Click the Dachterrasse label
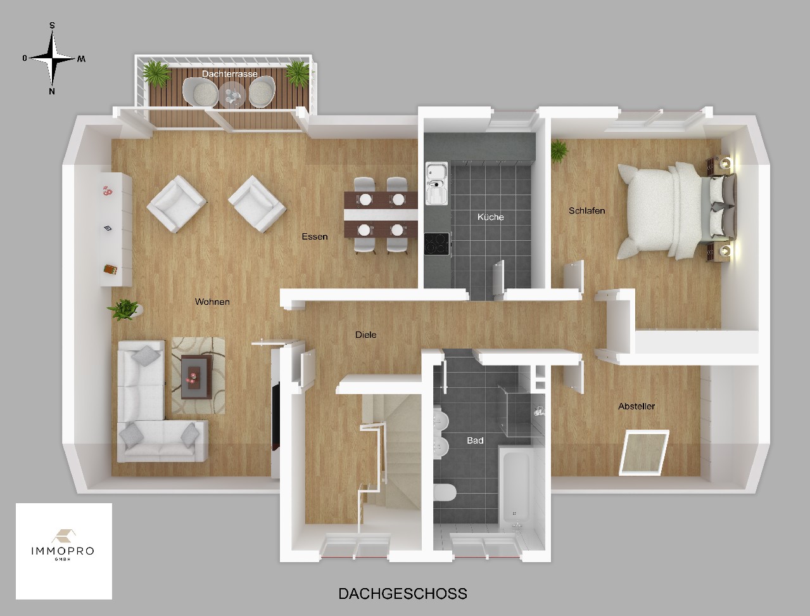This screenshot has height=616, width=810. coord(229,74)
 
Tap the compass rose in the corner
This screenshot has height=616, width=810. coord(53,58)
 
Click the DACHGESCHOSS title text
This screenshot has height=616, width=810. coord(403,594)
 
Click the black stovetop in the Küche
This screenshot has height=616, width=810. coord(437,244)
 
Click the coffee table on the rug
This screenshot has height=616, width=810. coord(196,376)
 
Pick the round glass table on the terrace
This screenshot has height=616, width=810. coord(231,95)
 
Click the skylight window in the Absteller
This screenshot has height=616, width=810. coord(644,452)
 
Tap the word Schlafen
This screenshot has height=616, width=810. coord(586,211)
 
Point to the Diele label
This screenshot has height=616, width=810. coord(365,335)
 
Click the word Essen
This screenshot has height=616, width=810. coord(314,236)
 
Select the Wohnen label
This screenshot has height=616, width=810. coord(212,302)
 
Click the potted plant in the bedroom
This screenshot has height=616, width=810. coord(559,151)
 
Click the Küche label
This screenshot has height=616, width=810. coord(490,217)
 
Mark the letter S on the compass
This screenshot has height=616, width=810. coord(52,25)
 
